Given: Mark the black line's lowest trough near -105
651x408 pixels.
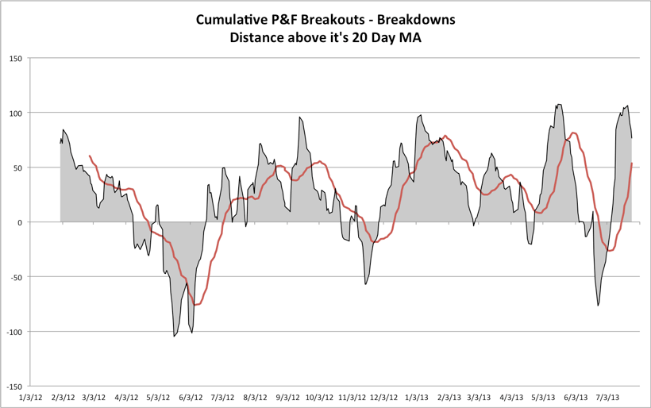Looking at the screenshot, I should pos(174,337).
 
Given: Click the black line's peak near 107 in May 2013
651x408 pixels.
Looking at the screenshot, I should pos(559,104).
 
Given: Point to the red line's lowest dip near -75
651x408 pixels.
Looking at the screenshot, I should pos(195,305).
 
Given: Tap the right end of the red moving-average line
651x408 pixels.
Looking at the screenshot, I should pos(632,164).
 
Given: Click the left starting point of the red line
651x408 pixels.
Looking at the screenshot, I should pos(89,156).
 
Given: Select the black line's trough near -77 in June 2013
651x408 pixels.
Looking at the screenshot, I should pos(599,306).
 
